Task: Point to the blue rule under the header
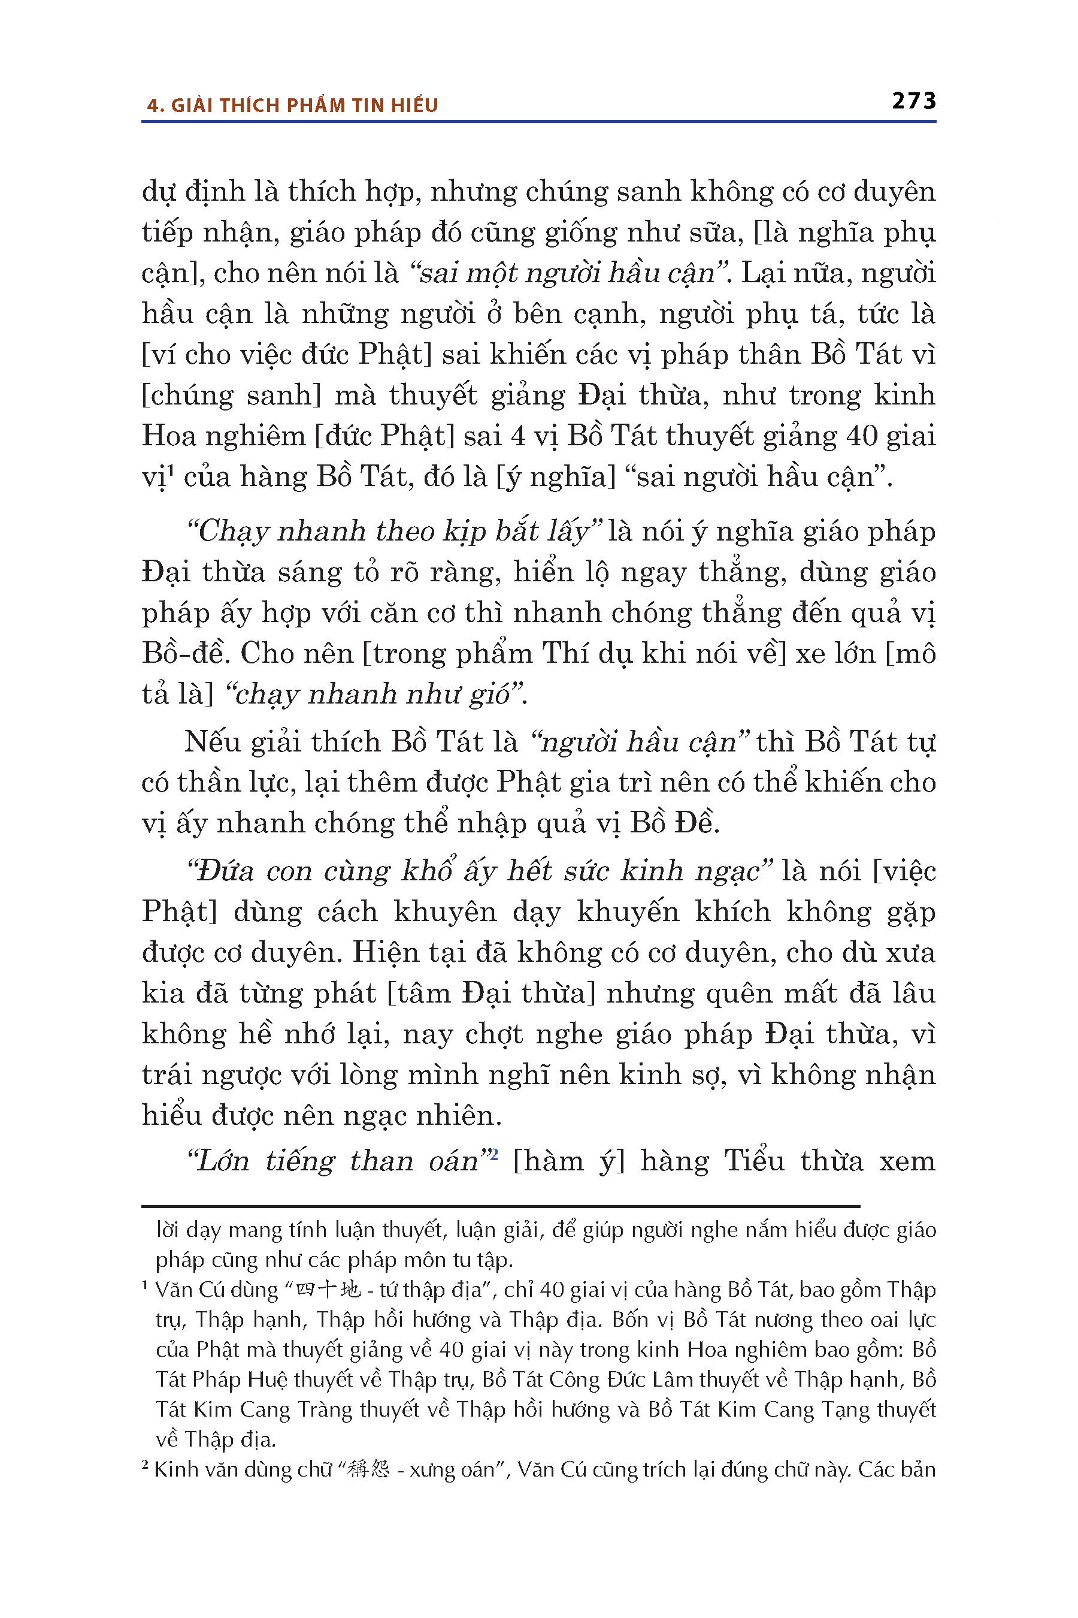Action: click(538, 122)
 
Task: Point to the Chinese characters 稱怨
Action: click(369, 1469)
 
